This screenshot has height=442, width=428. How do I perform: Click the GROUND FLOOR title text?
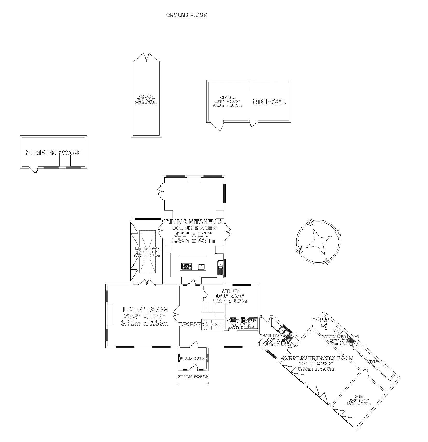[186, 15]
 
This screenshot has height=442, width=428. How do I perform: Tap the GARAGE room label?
[146, 96]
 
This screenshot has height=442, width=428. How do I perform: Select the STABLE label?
[228, 98]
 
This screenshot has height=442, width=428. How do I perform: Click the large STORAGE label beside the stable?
[269, 102]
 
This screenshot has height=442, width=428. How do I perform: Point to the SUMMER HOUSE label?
[53, 153]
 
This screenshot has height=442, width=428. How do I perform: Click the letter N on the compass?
[310, 223]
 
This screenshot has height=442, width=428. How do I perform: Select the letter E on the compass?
[338, 233]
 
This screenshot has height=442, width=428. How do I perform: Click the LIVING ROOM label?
[145, 310]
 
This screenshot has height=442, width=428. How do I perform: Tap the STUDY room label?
[231, 291]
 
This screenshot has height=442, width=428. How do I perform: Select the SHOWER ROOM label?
[242, 320]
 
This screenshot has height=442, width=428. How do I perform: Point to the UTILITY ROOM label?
[278, 336]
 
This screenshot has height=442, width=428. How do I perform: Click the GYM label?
[359, 396]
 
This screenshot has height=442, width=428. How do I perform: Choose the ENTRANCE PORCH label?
[193, 358]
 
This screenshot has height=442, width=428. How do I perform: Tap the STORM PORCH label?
[193, 377]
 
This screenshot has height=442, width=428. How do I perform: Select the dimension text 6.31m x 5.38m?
[145, 323]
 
